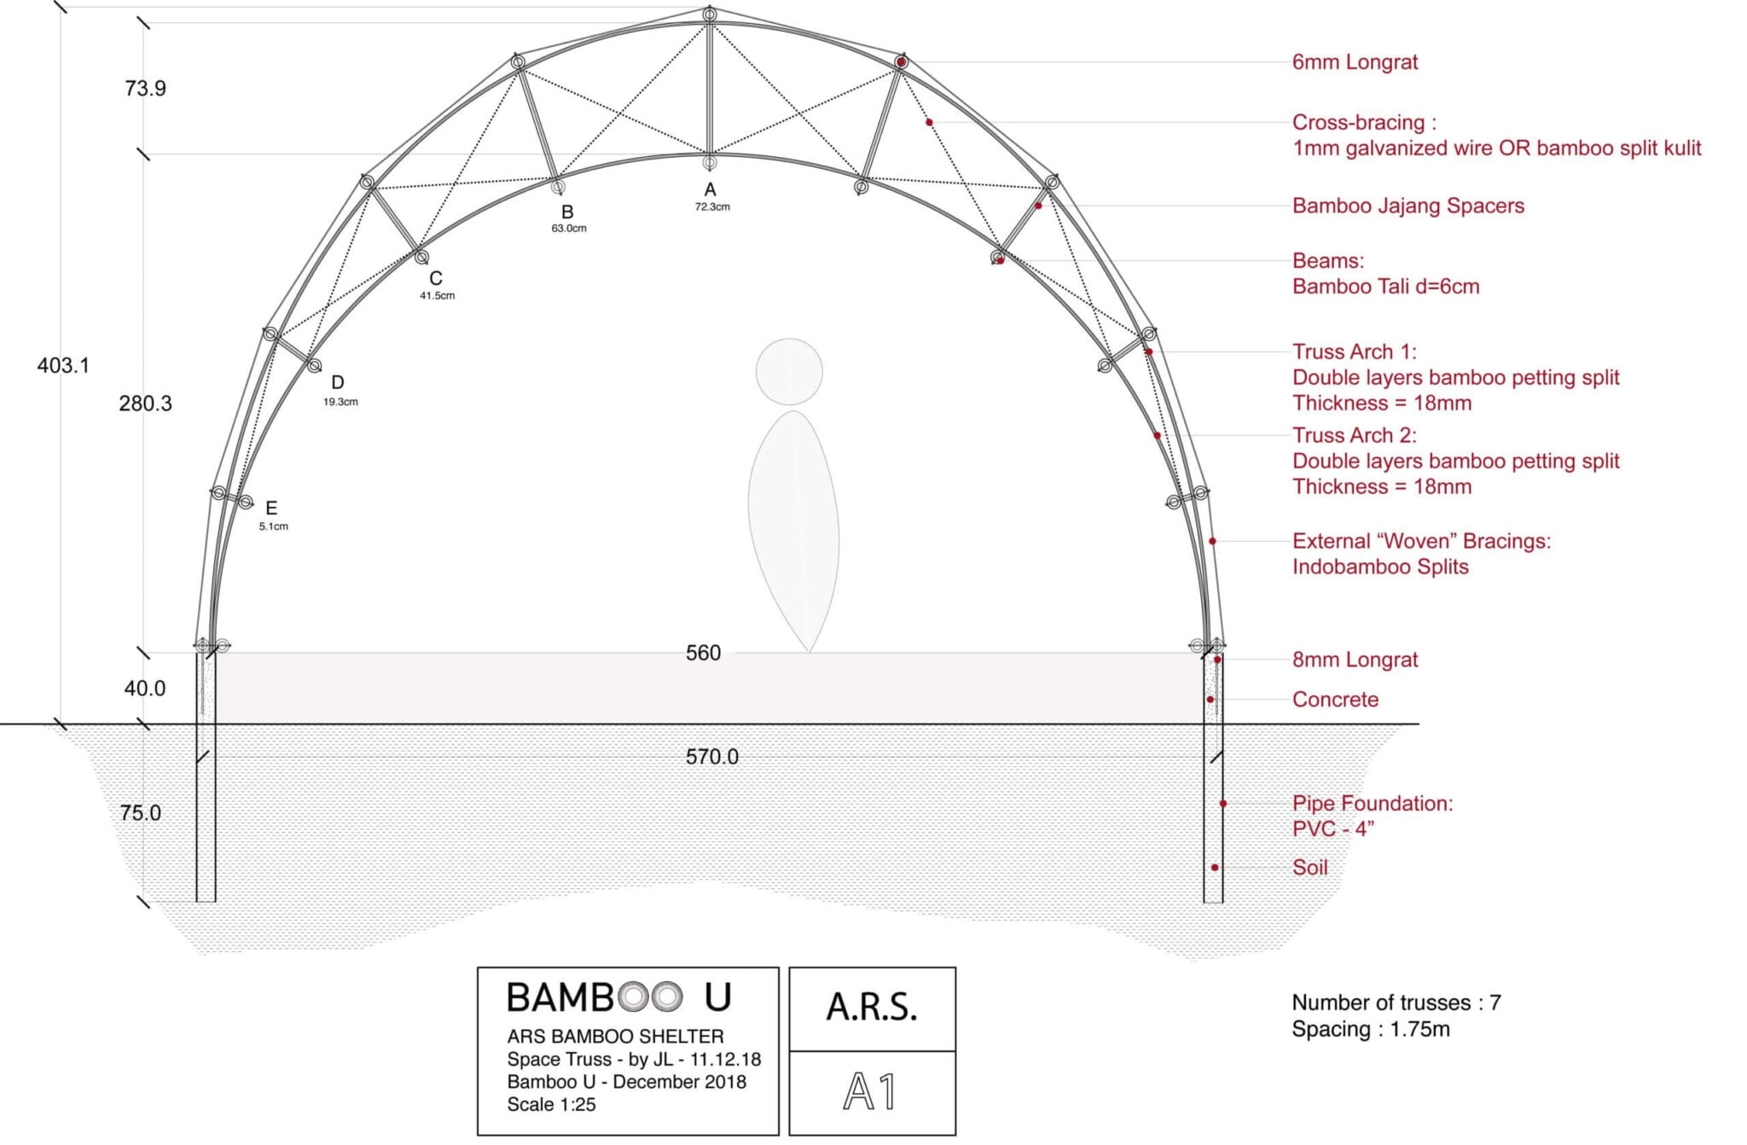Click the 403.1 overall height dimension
pos(63,366)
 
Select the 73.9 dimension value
pos(145,89)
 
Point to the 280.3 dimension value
pos(145,404)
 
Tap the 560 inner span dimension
pos(703,654)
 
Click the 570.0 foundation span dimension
pos(711,757)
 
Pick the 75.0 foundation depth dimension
pos(141,813)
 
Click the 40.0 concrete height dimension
pos(145,689)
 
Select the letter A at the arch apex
pos(710,189)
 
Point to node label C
pos(436,278)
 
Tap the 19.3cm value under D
pos(340,402)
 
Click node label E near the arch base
pos(271,509)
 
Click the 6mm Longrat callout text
pos(1355,62)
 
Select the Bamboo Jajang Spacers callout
pos(1407,206)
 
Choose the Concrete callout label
pos(1335,700)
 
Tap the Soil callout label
pos(1309,868)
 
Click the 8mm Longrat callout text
pos(1355,660)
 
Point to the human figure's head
pos(789,372)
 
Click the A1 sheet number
pos(871,1091)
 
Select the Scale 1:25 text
pos(551,1105)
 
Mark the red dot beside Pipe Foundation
pos(1222,804)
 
